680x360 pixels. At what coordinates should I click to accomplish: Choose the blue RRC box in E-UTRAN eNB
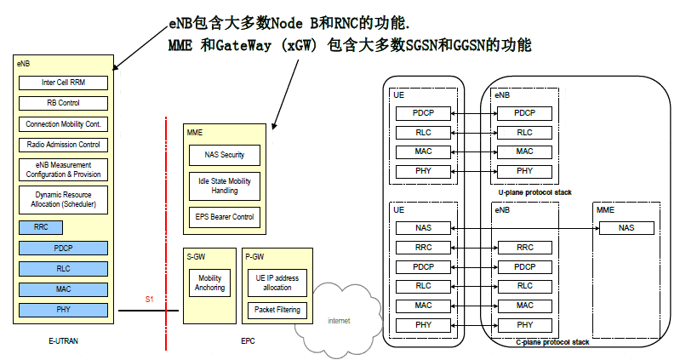[x=41, y=228]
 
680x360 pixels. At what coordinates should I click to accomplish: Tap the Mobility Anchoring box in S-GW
[x=209, y=283]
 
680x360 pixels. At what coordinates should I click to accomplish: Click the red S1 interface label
[x=150, y=300]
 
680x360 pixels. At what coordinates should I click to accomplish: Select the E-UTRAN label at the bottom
[x=64, y=340]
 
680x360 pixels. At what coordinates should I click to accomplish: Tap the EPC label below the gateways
[x=247, y=340]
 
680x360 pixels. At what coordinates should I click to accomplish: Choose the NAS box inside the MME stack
[x=626, y=228]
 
